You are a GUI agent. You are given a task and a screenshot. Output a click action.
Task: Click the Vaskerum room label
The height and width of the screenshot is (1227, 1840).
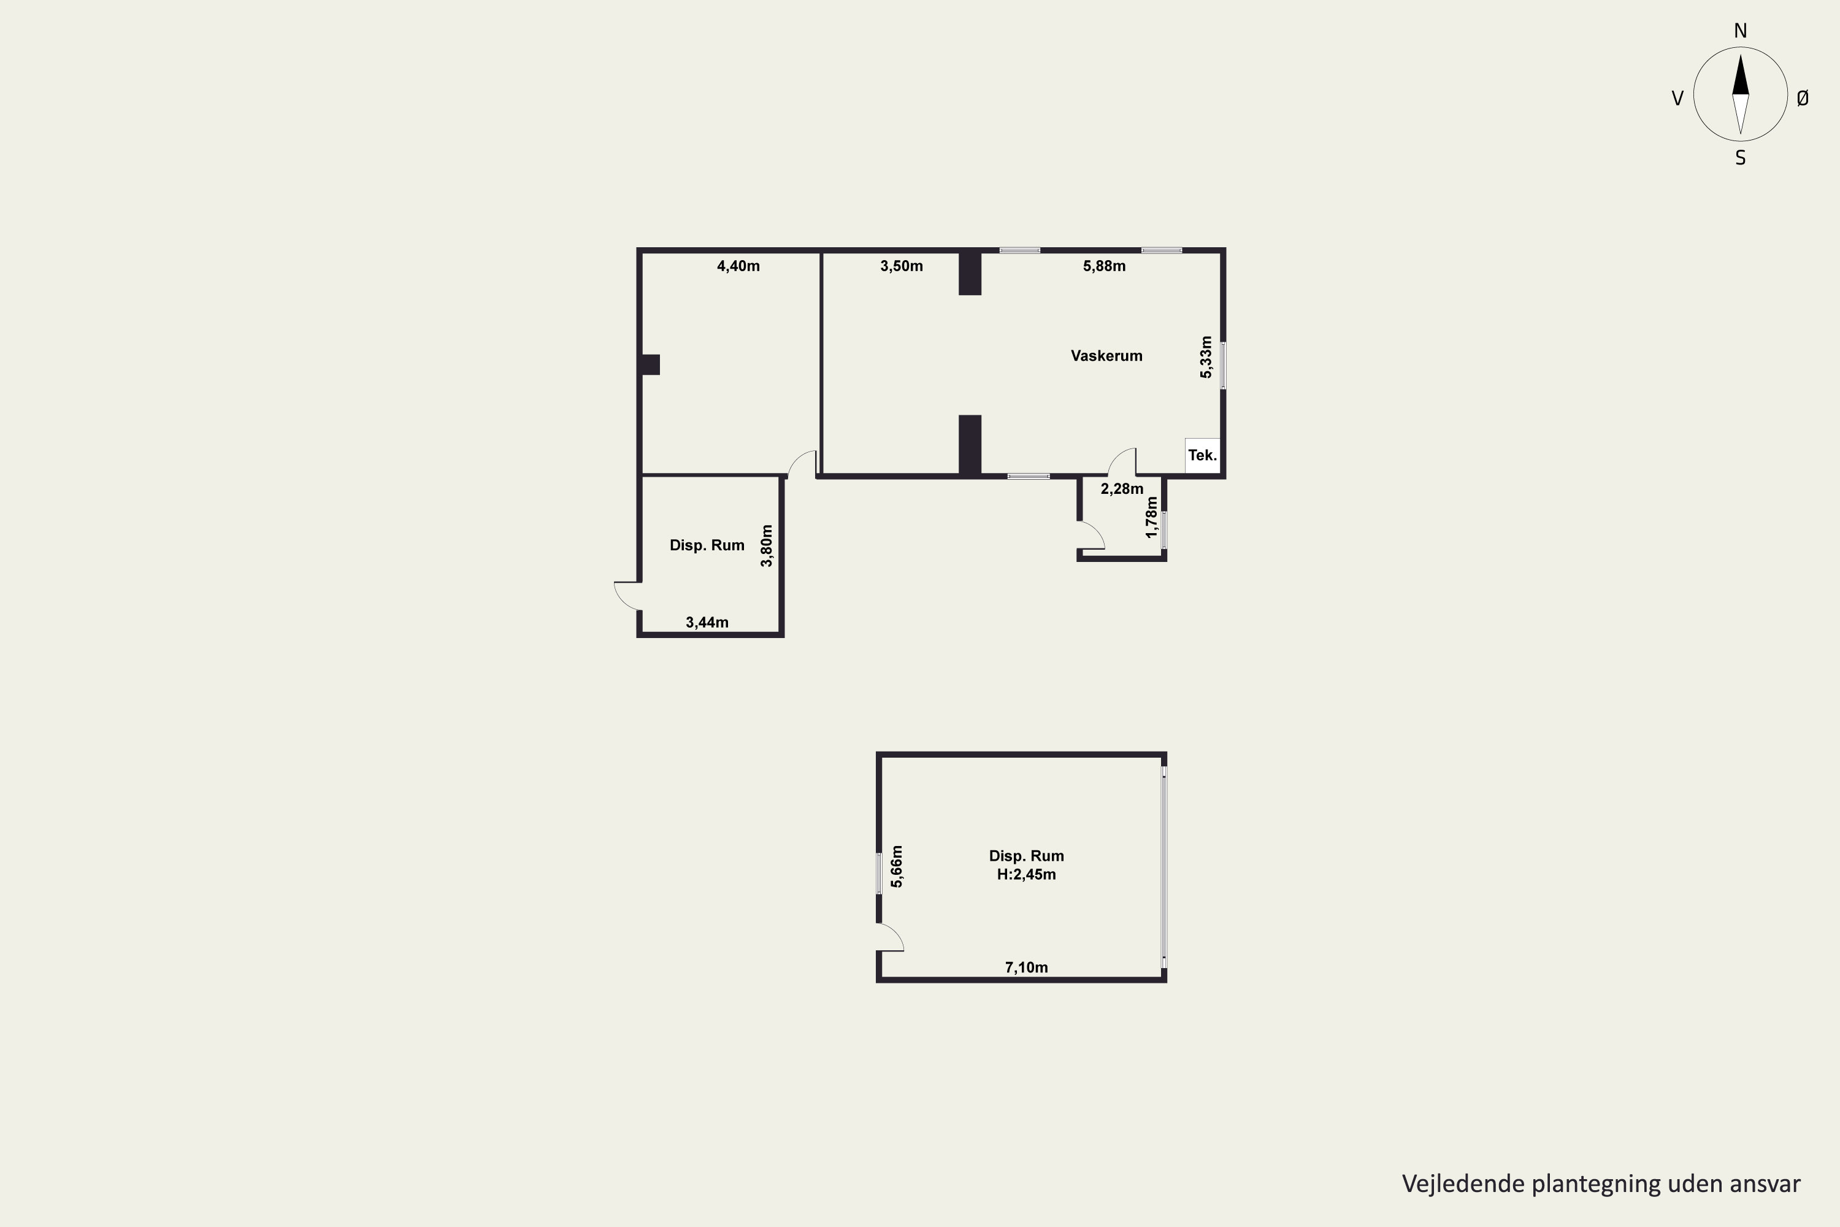tap(1106, 356)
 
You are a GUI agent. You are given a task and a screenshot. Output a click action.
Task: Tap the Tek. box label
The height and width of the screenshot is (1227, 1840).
tap(1202, 455)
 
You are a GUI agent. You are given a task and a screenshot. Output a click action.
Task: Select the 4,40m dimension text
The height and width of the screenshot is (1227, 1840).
tap(738, 266)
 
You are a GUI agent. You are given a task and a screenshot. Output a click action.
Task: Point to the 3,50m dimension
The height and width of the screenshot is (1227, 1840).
tap(901, 266)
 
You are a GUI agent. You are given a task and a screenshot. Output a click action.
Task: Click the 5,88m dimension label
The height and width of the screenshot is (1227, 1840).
tap(1105, 266)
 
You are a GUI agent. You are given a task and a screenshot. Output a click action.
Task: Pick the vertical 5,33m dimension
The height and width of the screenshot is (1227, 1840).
tap(1206, 358)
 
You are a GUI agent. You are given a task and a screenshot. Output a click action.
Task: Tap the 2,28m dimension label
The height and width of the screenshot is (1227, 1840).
tap(1122, 489)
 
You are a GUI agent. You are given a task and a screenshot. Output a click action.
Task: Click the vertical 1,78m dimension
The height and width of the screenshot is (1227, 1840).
tap(1151, 517)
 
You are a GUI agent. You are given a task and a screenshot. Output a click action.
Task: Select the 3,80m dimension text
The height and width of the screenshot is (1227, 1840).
tap(767, 546)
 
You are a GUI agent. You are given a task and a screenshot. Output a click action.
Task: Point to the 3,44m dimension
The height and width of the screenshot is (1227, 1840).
tap(707, 623)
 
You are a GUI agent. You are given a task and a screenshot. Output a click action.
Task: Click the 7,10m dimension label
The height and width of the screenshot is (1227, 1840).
tap(1026, 968)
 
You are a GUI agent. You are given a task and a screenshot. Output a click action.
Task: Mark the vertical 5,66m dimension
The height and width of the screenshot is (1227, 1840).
tap(897, 866)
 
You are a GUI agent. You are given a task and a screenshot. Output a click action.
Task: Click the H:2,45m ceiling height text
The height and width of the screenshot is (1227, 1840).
tap(1026, 875)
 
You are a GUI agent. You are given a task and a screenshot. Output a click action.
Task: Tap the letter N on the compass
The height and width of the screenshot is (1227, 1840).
tap(1741, 31)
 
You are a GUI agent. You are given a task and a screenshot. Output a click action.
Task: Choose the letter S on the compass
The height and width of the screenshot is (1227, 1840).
tap(1741, 158)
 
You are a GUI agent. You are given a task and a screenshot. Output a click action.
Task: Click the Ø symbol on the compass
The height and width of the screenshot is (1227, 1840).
tap(1803, 98)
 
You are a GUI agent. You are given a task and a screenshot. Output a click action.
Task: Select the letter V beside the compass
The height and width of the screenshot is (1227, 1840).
tap(1677, 99)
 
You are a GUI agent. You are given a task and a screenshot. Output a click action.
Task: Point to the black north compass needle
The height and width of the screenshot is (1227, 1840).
tap(1741, 77)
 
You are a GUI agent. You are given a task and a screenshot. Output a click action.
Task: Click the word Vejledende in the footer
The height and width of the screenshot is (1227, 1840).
tap(1463, 1184)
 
